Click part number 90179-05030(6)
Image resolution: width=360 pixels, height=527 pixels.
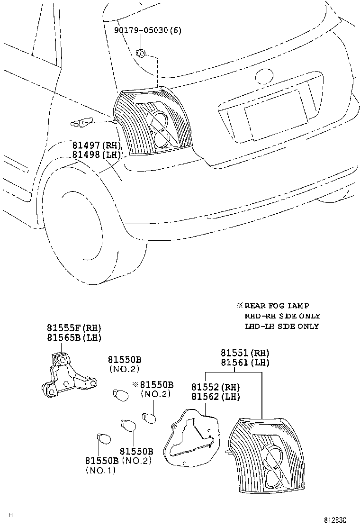pos(148,31)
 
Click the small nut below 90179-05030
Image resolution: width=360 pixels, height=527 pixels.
pos(141,53)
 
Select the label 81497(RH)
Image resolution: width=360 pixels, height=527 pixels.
pos(97,145)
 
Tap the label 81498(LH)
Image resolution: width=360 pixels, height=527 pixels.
pos(97,154)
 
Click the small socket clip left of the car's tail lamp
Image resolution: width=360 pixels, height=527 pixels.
pos(81,124)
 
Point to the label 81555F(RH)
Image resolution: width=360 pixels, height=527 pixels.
pos(74,328)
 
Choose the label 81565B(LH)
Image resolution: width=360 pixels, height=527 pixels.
pos(74,337)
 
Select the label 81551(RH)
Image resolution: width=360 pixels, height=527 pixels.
pos(245,353)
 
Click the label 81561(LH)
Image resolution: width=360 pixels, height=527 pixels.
pos(245,363)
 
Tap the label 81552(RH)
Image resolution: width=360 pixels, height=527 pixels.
pos(216,387)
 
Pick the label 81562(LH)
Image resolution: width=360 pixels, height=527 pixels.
pos(216,397)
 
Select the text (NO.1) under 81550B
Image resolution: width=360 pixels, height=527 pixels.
pos(100,470)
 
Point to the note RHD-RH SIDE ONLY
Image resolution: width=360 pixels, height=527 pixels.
pos(282,316)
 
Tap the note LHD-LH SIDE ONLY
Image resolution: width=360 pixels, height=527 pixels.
pos(282,326)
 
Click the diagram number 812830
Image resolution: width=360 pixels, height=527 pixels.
pos(339,520)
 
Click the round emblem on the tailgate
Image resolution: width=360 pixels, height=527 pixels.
pos(262,77)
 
